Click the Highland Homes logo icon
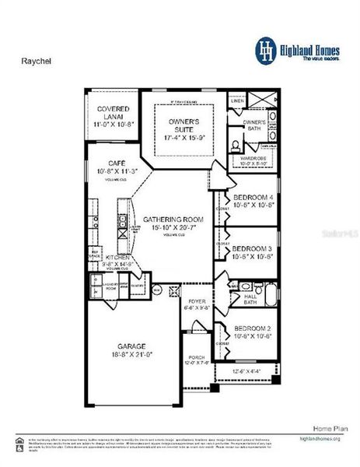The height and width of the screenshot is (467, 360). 266,49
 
